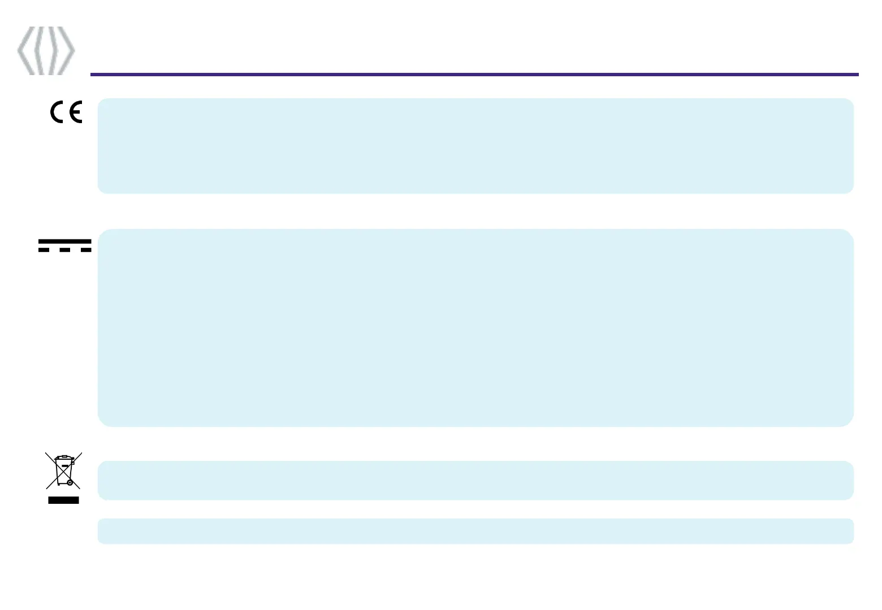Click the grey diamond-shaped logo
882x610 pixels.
(x=46, y=50)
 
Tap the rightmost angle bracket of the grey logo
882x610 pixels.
(x=67, y=50)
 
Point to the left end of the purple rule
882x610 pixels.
(x=92, y=74)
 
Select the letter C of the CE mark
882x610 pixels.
(x=58, y=112)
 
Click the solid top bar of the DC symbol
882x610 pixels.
(x=64, y=241)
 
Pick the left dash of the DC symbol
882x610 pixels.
(x=44, y=250)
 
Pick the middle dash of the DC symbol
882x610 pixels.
(x=64, y=250)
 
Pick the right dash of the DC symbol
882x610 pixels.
(x=85, y=250)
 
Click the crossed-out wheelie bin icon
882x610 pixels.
(x=63, y=470)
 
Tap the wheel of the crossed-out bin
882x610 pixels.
(x=70, y=483)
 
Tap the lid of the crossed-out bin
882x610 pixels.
(x=63, y=457)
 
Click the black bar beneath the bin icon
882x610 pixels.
(x=63, y=500)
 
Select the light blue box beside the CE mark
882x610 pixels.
(x=475, y=146)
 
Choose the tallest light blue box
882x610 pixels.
(x=475, y=328)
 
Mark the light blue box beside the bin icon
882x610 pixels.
(x=475, y=480)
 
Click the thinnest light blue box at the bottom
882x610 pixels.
(x=475, y=531)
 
